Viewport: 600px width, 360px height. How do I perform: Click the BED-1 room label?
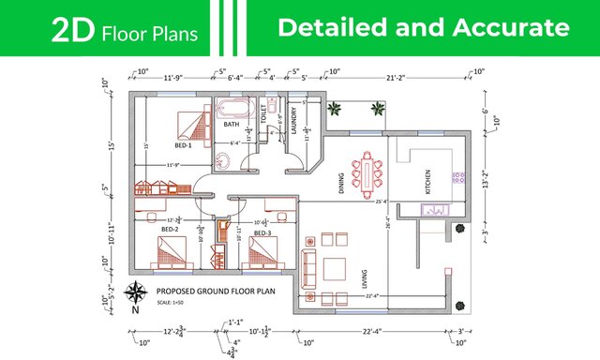point(183,145)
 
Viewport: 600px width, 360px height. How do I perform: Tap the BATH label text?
point(231,124)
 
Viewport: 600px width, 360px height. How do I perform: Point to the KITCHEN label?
point(427,178)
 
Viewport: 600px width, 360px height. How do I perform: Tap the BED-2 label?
point(170,229)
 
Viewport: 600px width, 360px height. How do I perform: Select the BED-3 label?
point(262,232)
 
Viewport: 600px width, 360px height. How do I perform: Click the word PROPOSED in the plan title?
point(176,292)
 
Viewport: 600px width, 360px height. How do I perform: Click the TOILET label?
point(264,113)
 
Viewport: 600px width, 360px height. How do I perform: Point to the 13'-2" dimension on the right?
point(486,178)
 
